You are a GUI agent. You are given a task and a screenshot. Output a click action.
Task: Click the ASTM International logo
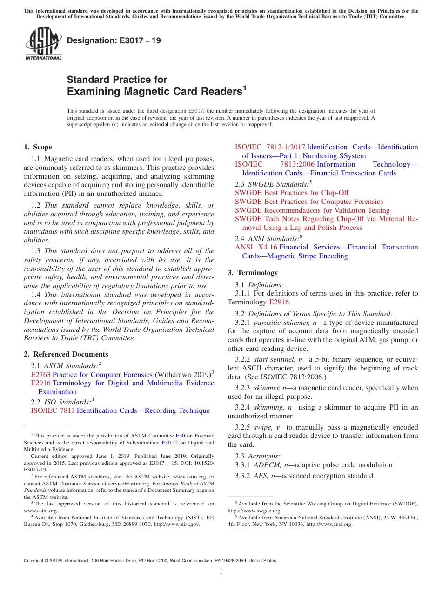[43, 45]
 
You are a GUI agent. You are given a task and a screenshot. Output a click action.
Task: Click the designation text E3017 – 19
[114, 40]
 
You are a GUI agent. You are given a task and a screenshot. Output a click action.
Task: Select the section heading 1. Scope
[38, 147]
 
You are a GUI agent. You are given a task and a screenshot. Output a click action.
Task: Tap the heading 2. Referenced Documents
[66, 354]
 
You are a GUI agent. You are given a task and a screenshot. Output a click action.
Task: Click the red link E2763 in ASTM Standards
[40, 374]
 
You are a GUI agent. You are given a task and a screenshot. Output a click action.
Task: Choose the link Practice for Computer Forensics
[102, 374]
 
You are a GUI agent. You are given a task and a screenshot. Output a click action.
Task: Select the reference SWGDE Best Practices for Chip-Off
[292, 193]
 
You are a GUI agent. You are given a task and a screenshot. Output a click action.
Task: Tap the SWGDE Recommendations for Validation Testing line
[312, 210]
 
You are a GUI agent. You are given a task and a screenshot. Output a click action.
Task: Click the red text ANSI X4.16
[256, 247]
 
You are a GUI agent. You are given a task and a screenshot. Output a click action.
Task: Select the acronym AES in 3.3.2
[261, 476]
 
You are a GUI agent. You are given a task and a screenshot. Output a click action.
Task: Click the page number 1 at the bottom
[221, 572]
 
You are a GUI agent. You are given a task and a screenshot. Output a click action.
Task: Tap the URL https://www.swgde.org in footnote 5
[254, 511]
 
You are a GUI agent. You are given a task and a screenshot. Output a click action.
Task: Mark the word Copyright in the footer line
[35, 561]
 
